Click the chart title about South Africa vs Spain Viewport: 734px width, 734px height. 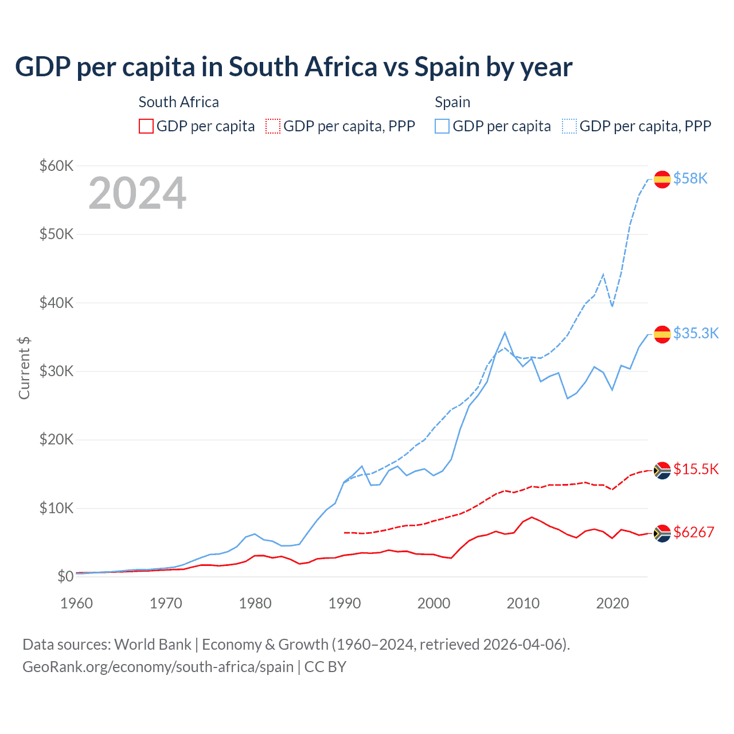(294, 67)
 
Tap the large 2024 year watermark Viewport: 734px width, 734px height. (137, 194)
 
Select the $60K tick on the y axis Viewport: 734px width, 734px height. (56, 166)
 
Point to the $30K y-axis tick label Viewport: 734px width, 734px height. (56, 371)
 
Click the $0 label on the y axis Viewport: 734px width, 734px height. (65, 576)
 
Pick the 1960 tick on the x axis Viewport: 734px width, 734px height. (76, 603)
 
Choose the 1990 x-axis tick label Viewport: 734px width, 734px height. (345, 603)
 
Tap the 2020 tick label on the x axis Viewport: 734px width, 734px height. (612, 603)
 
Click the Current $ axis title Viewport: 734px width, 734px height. (24, 368)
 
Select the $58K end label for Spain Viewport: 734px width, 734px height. (690, 179)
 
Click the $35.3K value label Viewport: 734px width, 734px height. (696, 333)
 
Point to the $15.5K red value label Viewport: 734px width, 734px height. (696, 469)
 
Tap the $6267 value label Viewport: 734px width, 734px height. (693, 532)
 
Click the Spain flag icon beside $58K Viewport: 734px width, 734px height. (662, 179)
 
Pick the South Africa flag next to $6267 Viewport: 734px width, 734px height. (662, 533)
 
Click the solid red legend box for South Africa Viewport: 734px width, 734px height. (146, 126)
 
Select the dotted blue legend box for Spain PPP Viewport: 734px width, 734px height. (569, 126)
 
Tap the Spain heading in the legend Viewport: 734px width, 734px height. (452, 102)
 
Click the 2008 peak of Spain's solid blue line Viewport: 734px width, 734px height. (505, 333)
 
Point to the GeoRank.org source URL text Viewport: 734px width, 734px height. (158, 667)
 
